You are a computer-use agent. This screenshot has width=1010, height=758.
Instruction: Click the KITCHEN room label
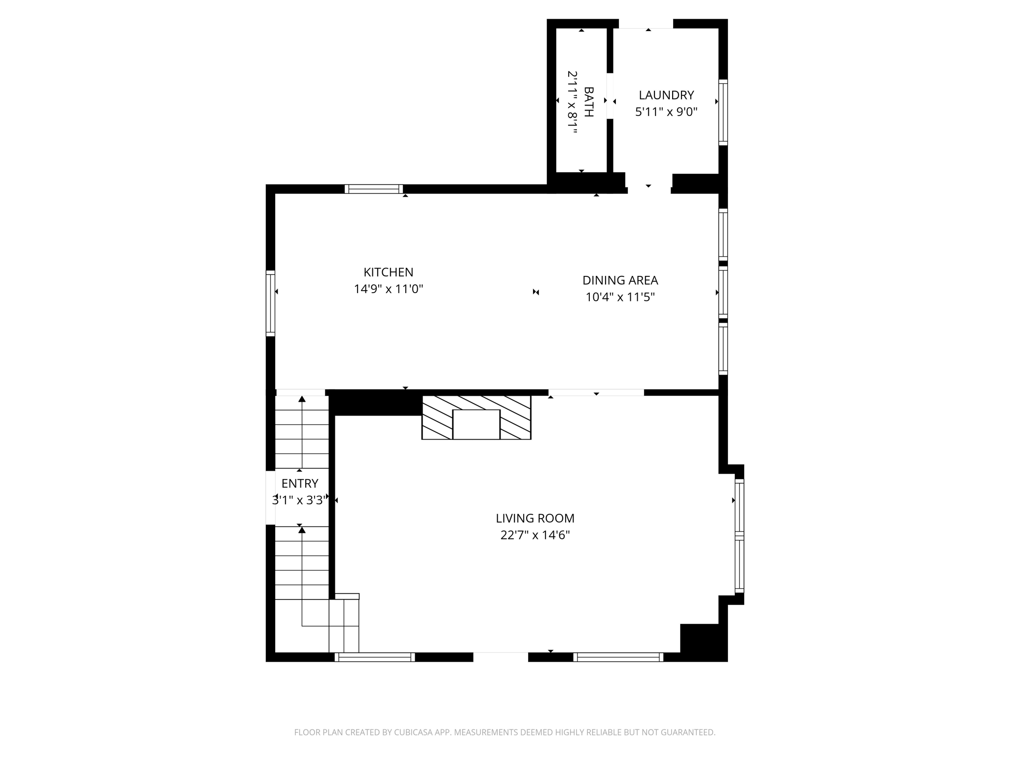coord(388,272)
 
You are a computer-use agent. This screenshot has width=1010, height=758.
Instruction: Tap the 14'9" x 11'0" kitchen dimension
coord(388,289)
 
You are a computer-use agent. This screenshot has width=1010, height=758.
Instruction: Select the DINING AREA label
coord(620,280)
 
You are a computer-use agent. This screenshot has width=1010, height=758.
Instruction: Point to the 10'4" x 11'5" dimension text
coord(620,297)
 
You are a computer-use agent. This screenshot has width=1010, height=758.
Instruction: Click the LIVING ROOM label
coord(535,518)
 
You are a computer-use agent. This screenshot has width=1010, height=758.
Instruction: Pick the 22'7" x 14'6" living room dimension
coord(535,535)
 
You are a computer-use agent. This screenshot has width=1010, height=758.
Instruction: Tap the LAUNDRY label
coord(666,95)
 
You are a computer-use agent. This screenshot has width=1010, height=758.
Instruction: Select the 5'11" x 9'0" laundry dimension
coord(666,112)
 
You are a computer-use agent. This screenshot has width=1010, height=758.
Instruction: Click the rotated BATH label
coord(588,102)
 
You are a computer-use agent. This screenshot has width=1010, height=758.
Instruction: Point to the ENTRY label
coord(300,483)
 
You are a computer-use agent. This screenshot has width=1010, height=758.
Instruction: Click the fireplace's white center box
coord(476,424)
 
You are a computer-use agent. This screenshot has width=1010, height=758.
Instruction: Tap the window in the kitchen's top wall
coord(374,189)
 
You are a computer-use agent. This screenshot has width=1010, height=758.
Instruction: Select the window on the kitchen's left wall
coord(270,303)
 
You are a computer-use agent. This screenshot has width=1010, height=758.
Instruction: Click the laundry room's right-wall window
coord(723,113)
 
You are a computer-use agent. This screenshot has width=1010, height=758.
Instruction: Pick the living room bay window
coord(739,535)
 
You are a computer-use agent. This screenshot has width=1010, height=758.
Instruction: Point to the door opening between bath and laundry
coord(610,96)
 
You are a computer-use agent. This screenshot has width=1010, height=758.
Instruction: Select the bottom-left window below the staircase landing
coord(375,657)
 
